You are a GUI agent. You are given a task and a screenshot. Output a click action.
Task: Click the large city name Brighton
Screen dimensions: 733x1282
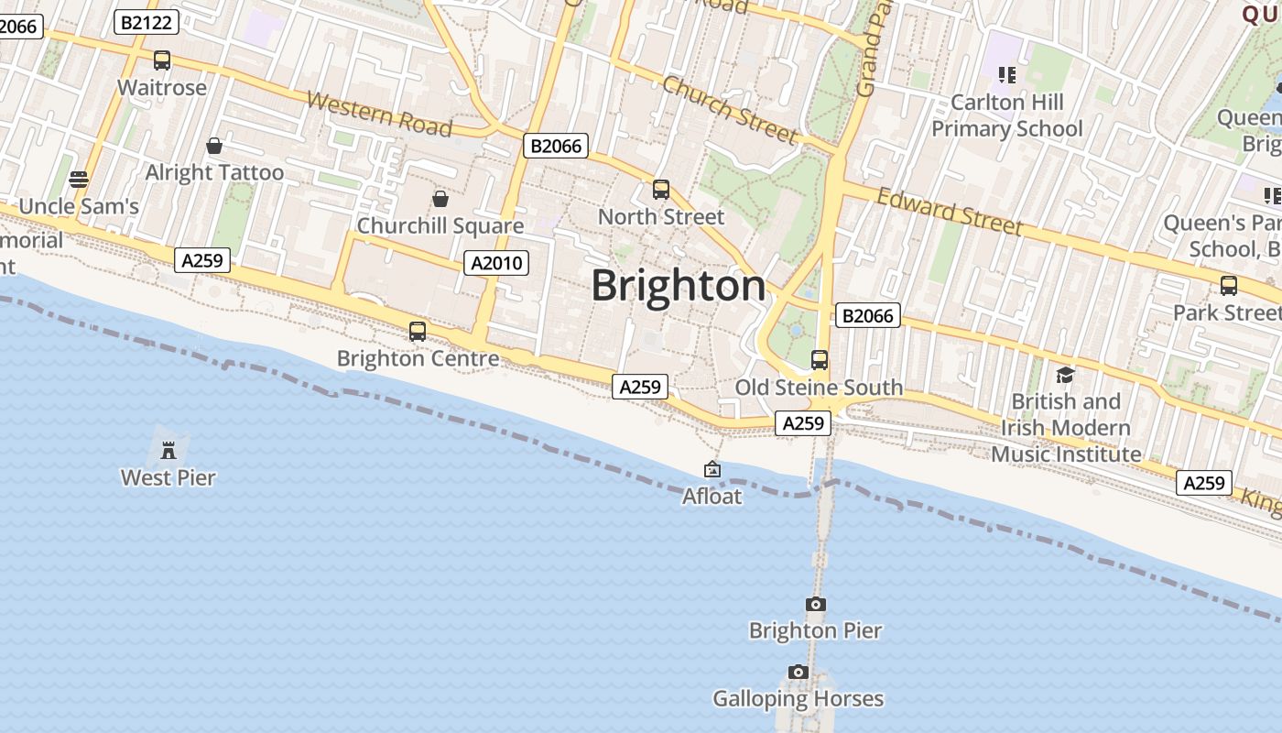[x=679, y=286]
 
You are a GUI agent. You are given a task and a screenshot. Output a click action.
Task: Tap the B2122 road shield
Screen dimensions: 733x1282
[x=147, y=23]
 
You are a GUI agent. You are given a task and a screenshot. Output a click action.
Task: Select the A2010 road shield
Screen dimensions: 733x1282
[x=496, y=263]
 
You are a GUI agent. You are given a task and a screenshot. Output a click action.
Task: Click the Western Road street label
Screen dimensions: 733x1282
[x=379, y=113]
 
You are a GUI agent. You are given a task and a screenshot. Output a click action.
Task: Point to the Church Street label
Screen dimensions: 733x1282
[x=730, y=110]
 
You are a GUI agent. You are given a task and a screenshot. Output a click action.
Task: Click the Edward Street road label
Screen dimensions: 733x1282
[x=949, y=211]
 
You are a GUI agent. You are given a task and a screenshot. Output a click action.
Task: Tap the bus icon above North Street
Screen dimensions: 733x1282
[x=661, y=190]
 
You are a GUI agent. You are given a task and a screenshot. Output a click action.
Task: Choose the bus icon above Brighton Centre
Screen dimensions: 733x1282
[x=418, y=332]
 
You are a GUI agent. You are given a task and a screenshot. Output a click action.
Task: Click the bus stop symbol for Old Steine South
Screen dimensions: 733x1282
[x=820, y=360]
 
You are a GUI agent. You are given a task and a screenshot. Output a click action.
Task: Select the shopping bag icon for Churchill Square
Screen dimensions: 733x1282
[x=440, y=199]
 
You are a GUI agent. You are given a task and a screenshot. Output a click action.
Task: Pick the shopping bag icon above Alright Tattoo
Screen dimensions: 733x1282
[x=214, y=146]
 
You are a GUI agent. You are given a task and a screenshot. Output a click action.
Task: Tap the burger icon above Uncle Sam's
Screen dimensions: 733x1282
[x=79, y=179]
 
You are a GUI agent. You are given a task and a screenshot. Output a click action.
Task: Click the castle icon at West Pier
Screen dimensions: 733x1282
[x=168, y=450]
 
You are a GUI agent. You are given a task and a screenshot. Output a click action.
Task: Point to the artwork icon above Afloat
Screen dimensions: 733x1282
[x=712, y=469]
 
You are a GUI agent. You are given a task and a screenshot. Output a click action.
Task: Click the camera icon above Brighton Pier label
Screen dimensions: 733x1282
[x=815, y=604]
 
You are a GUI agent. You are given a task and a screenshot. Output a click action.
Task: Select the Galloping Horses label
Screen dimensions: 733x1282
[x=799, y=699]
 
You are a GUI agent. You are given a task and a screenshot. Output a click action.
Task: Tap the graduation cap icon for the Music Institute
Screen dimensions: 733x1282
[x=1065, y=375]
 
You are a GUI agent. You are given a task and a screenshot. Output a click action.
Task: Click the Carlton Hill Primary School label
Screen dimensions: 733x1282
[x=1007, y=115]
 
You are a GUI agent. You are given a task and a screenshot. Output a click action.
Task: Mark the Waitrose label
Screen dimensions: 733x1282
[x=162, y=88]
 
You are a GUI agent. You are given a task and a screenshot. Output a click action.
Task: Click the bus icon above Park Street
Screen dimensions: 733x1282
[x=1229, y=285]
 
